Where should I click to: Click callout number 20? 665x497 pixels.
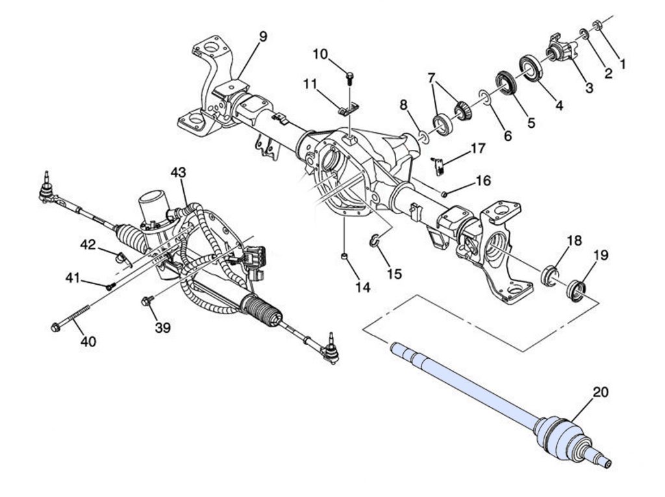[600, 392]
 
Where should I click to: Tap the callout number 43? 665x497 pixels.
[178, 173]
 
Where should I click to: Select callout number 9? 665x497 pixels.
[263, 36]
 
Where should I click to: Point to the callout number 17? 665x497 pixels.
[477, 149]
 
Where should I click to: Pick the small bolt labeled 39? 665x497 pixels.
[147, 301]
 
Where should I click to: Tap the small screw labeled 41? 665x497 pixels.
[110, 286]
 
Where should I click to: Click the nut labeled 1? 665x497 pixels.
[597, 25]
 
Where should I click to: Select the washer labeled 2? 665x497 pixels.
[584, 34]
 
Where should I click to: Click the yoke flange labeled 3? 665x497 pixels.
[560, 47]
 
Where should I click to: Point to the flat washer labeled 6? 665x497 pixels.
[484, 97]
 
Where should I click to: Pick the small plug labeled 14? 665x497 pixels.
[345, 256]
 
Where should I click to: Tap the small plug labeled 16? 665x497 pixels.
[444, 194]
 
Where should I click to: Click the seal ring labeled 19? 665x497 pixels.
[577, 291]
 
